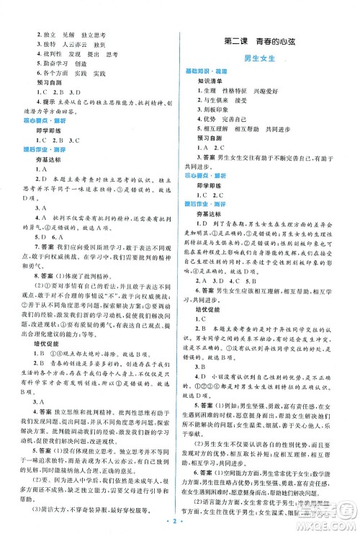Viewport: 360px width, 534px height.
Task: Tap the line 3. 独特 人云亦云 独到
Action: point(70,45)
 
